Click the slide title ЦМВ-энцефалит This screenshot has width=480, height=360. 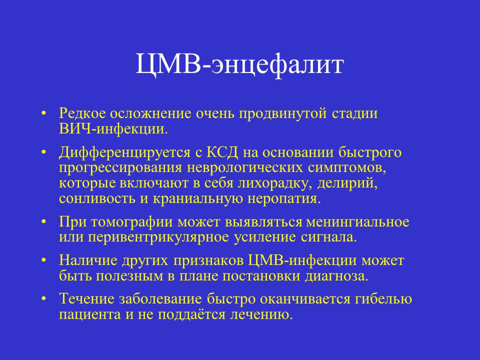pos(239,64)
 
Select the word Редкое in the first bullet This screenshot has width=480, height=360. pos(82,113)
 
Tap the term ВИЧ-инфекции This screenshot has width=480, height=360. pos(113,129)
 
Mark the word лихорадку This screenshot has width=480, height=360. pos(275,183)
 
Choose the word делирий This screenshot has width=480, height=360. pos(347,183)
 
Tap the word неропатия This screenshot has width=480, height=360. pos(284,198)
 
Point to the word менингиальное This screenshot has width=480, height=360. pos(357,222)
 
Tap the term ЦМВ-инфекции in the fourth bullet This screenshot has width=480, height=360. pos(302,260)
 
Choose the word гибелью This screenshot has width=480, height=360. pos(383,299)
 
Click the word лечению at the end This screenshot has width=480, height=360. pos(261,314)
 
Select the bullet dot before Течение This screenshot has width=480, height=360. pos(44,299)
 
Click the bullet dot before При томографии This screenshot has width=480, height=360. pos(44,221)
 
